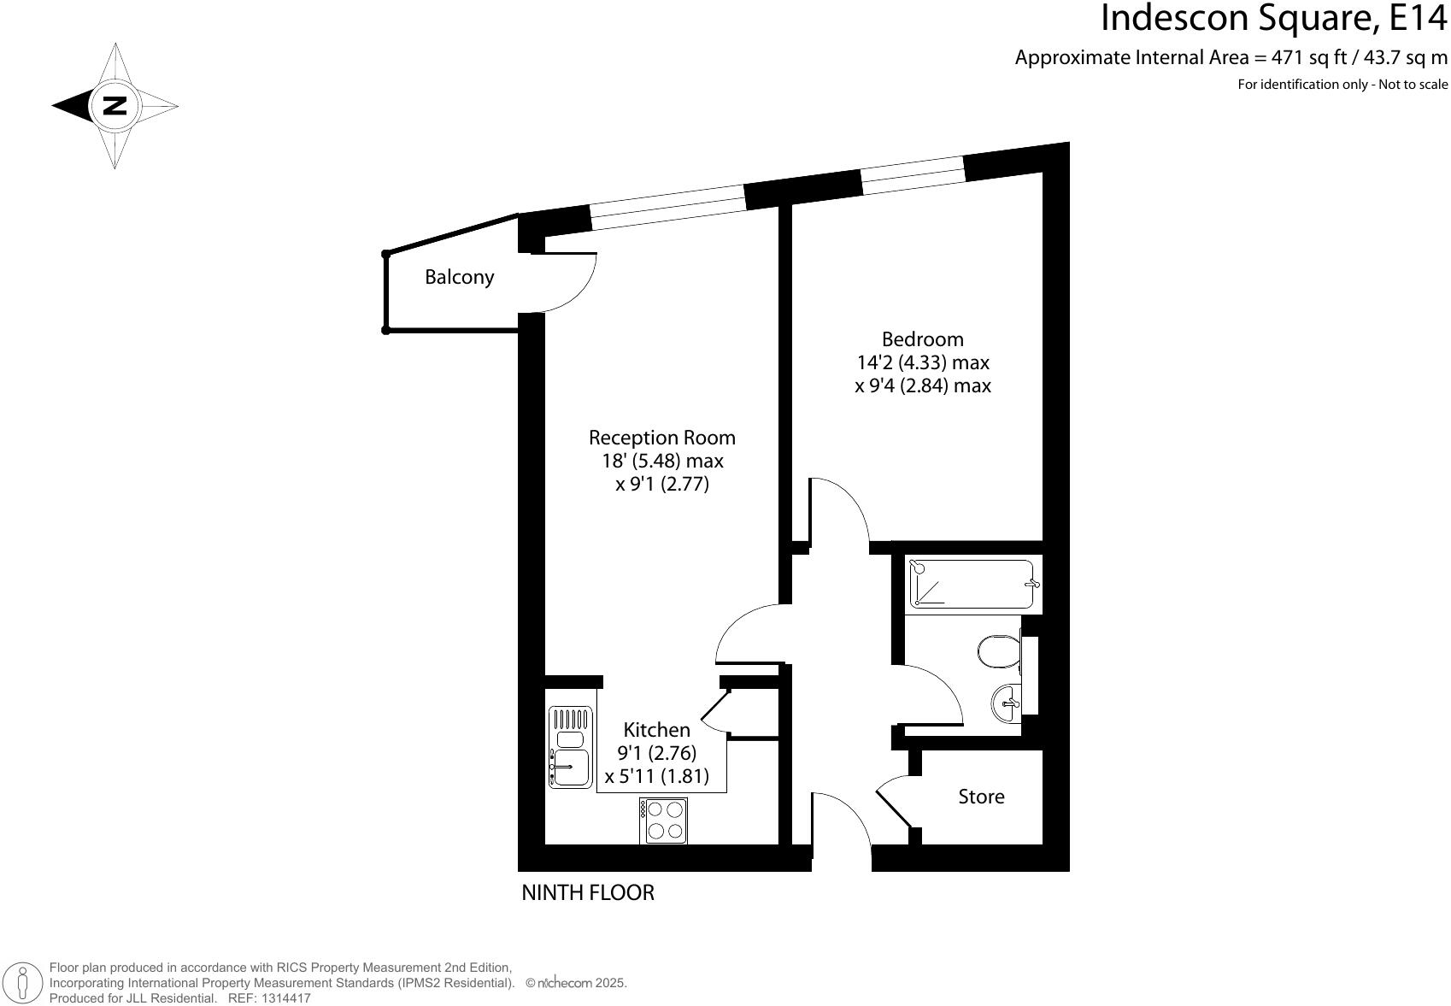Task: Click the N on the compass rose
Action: click(x=114, y=106)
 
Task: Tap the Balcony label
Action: click(x=459, y=277)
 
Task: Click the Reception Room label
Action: click(x=661, y=438)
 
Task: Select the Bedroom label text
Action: click(x=922, y=338)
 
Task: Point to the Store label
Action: click(x=981, y=797)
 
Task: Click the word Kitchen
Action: click(x=656, y=730)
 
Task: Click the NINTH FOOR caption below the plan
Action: click(x=587, y=893)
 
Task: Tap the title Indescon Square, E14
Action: click(x=1273, y=19)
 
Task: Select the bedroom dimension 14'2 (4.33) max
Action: click(x=922, y=362)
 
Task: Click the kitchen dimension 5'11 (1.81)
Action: click(x=656, y=778)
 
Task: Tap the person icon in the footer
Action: click(x=23, y=983)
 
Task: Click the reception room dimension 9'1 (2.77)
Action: click(x=661, y=485)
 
